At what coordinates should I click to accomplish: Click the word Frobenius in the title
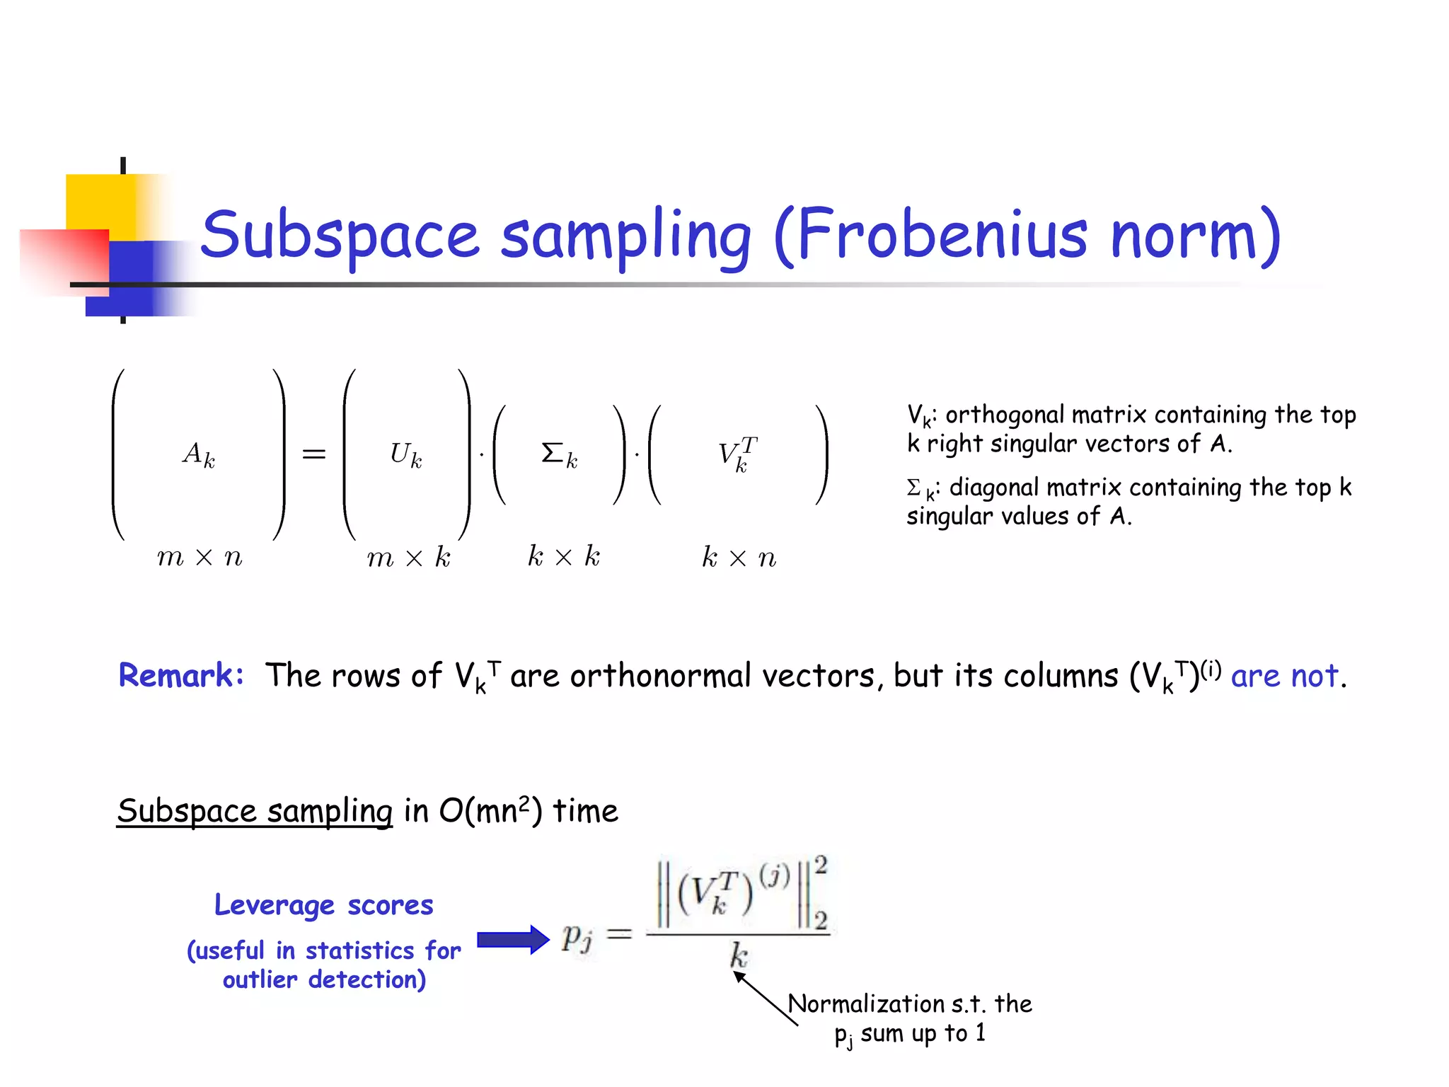pyautogui.click(x=941, y=235)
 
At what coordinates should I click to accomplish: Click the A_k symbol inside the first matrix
pyautogui.click(x=199, y=454)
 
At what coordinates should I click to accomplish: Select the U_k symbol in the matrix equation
pyautogui.click(x=406, y=454)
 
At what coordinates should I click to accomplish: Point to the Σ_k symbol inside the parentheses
pyautogui.click(x=559, y=454)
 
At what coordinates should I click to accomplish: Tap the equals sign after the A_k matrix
pyautogui.click(x=314, y=454)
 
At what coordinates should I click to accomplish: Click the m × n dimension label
pyautogui.click(x=200, y=558)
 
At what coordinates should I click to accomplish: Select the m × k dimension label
pyautogui.click(x=408, y=558)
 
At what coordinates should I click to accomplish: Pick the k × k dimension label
pyautogui.click(x=564, y=557)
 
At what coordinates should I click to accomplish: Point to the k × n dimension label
pyautogui.click(x=739, y=558)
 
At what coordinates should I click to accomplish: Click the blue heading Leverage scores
pyautogui.click(x=324, y=905)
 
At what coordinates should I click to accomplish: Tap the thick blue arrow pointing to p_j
pyautogui.click(x=513, y=940)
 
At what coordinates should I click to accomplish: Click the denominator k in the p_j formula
pyautogui.click(x=738, y=956)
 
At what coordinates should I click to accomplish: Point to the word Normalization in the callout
pyautogui.click(x=865, y=1003)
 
